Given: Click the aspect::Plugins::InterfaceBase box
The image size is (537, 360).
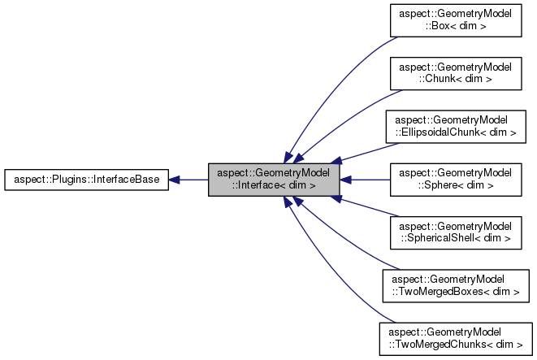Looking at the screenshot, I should tap(86, 180).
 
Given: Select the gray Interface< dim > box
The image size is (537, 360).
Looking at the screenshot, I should tap(273, 180).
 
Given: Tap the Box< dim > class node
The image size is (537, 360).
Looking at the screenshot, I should tap(454, 20).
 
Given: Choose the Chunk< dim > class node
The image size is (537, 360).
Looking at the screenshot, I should tap(454, 73).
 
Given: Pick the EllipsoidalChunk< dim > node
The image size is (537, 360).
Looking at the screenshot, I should tap(454, 126).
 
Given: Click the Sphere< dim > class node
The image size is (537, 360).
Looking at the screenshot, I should tap(454, 180).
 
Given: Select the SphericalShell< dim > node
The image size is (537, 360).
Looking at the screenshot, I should tap(454, 232).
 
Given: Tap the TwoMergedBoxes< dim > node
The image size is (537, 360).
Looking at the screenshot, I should tap(454, 286).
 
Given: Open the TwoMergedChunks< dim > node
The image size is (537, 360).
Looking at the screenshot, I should tap(454, 339).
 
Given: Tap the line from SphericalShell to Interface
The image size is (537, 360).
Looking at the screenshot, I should tap(366, 208).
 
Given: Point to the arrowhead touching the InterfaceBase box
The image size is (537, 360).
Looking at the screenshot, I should tap(175, 180).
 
